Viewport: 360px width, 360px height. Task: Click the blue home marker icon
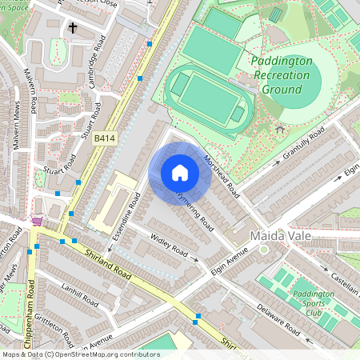coord(180,173)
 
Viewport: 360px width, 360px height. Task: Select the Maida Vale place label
coord(279,237)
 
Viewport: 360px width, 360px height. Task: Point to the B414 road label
coord(105,138)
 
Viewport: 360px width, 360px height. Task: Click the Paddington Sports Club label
coord(313,304)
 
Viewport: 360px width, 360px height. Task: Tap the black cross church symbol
coord(73,28)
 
